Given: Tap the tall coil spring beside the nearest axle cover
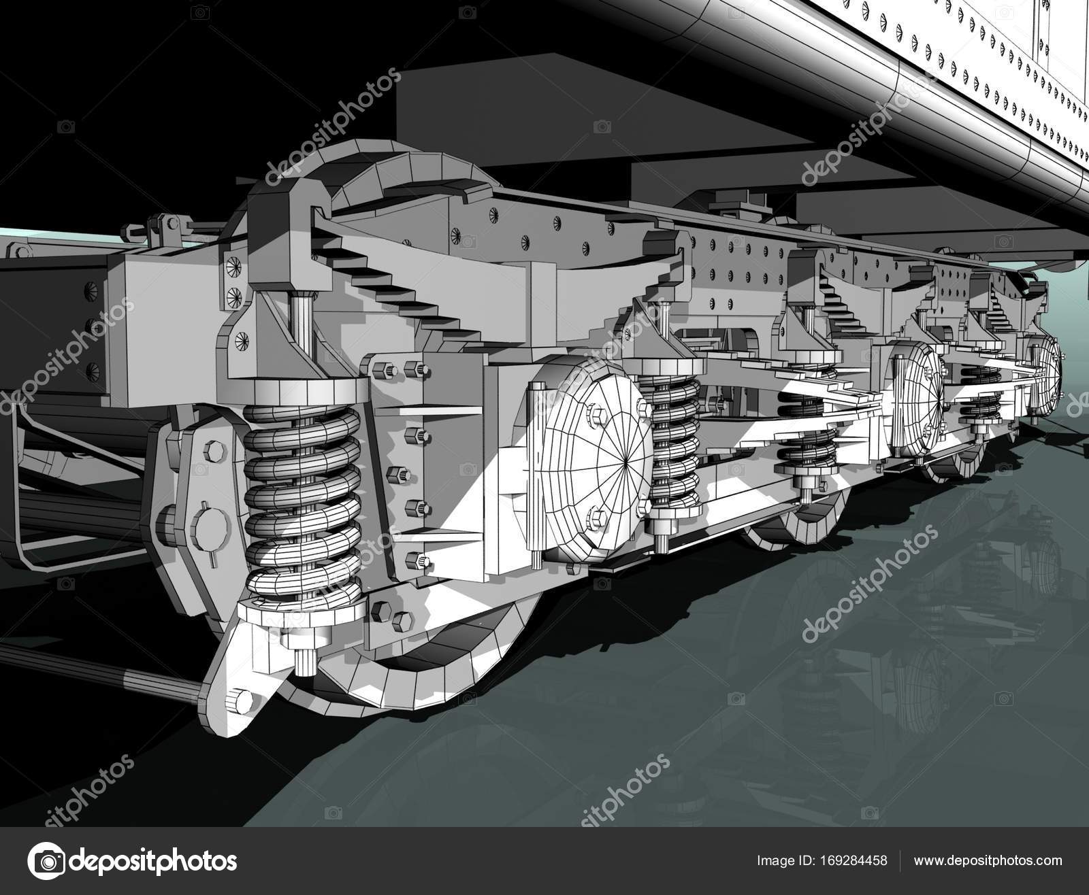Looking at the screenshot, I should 674,442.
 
